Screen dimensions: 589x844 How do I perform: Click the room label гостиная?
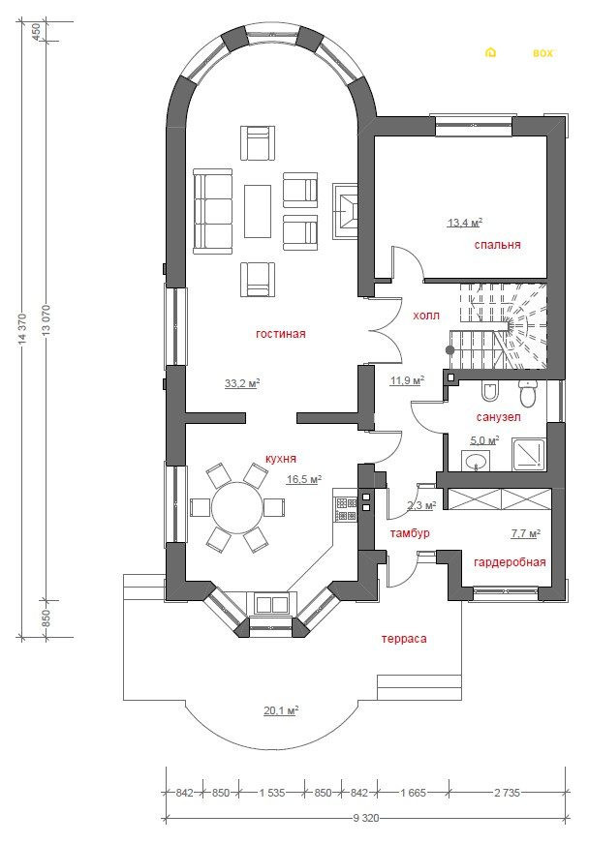click(280, 334)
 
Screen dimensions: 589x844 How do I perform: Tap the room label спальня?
click(497, 244)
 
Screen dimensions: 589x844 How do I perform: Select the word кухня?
click(281, 459)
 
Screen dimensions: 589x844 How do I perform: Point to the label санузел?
click(499, 417)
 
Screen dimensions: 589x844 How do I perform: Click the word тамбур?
click(410, 533)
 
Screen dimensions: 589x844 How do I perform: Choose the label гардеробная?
click(510, 562)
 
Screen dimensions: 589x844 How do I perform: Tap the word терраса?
click(404, 639)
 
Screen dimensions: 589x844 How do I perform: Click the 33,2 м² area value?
click(242, 383)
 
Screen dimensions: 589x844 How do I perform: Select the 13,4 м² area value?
click(464, 223)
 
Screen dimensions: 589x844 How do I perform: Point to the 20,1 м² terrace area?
click(281, 710)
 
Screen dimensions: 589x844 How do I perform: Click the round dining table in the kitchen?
click(236, 507)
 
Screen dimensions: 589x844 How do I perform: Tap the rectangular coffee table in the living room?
click(257, 211)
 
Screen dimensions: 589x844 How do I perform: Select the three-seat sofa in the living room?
click(212, 211)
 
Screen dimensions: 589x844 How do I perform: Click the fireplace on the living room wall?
click(345, 211)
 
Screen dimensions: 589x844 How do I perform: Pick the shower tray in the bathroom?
click(528, 455)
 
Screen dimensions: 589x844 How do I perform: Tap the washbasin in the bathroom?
click(477, 462)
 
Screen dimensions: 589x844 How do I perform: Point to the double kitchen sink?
click(271, 604)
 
